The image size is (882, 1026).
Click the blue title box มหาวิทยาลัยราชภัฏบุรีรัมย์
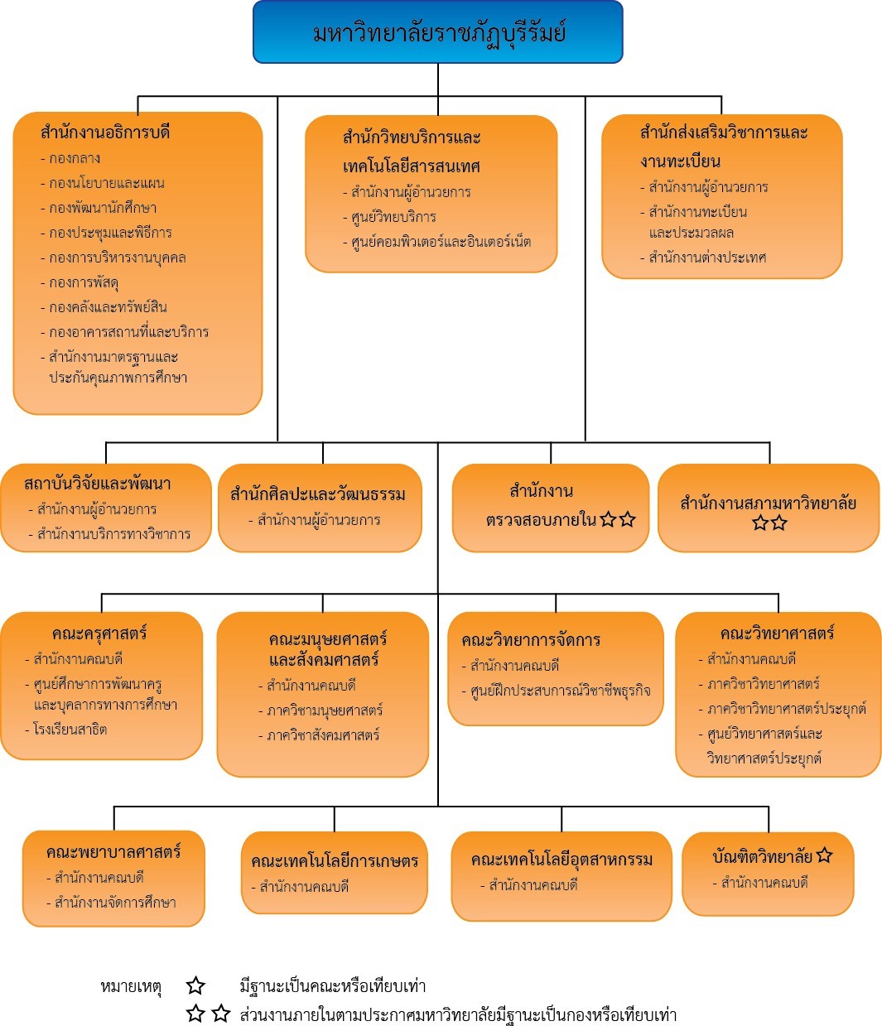pos(438,32)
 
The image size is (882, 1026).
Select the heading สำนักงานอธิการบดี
pos(105,132)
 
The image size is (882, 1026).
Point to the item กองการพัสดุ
pos(84,282)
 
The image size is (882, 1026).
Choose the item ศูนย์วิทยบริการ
pos(393,217)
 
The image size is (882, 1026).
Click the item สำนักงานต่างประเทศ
pos(707,258)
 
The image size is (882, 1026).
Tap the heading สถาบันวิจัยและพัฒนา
pos(98,484)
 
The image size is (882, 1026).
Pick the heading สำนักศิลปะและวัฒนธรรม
pos(318,494)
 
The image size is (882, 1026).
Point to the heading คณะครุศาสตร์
pos(99,633)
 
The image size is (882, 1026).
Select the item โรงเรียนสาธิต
pos(70,730)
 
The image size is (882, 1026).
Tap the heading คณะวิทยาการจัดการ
pos(531,640)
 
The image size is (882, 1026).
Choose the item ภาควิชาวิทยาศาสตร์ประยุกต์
pos(786,709)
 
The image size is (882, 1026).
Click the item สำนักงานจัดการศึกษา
pos(115,903)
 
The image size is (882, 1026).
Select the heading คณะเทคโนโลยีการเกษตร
pos(335,861)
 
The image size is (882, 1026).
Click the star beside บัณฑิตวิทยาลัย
pos(824,855)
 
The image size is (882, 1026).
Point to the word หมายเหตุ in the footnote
pos(131,986)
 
